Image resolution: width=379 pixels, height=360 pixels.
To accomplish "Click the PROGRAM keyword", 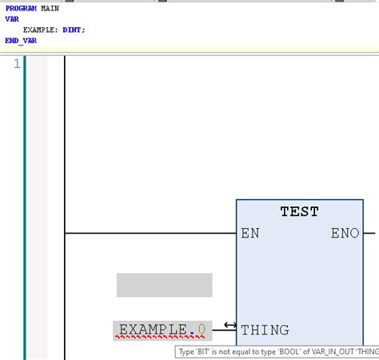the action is [21, 9].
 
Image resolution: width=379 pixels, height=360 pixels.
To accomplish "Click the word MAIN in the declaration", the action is [50, 9].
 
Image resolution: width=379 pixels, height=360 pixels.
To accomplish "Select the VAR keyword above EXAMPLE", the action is [12, 19].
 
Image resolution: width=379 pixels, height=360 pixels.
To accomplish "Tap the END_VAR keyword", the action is [21, 41].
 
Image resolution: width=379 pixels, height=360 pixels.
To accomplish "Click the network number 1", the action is [18, 64].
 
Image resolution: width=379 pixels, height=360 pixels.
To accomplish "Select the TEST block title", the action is [299, 212].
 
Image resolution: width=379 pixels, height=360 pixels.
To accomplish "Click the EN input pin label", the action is [250, 234].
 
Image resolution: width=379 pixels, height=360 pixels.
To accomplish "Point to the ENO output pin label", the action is [345, 234].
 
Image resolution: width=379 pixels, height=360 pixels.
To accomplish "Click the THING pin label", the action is [265, 330].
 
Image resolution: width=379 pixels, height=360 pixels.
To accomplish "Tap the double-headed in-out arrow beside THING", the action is [230, 325].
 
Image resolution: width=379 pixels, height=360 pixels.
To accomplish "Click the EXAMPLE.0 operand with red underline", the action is [162, 330].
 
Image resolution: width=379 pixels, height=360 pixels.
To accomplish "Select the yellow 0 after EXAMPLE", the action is [201, 330].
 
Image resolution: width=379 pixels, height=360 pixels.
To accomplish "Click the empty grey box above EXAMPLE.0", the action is [165, 285].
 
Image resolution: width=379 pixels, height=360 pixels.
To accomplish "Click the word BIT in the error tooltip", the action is [201, 352].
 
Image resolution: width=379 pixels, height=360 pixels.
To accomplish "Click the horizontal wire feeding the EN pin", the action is [150, 234].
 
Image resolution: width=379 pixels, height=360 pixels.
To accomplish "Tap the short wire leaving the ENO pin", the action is [369, 234].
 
